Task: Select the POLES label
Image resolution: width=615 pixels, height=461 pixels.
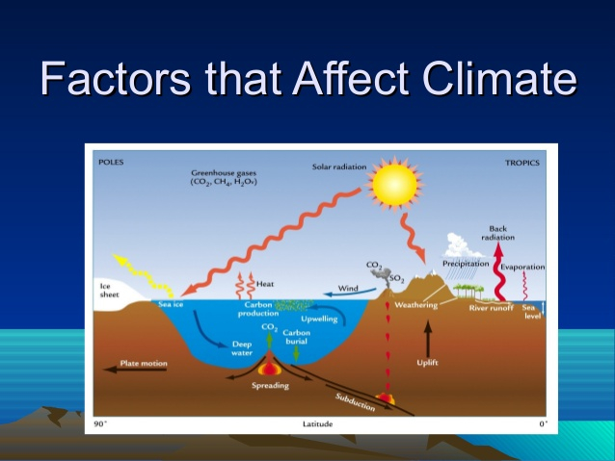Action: click(112, 162)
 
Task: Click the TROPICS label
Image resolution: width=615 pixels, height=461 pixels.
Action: click(521, 163)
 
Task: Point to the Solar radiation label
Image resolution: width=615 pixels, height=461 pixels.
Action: click(338, 166)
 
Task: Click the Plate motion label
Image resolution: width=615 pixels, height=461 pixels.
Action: click(144, 364)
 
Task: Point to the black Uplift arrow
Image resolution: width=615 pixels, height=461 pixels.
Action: click(428, 341)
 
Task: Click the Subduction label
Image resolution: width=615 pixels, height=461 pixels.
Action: click(355, 401)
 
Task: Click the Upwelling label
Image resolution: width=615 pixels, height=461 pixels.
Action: click(319, 317)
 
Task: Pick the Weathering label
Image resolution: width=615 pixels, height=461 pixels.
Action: click(416, 305)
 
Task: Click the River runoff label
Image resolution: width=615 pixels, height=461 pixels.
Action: click(491, 308)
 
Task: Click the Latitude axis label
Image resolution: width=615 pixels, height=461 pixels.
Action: click(318, 423)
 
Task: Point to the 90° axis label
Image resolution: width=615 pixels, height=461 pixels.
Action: click(100, 423)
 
